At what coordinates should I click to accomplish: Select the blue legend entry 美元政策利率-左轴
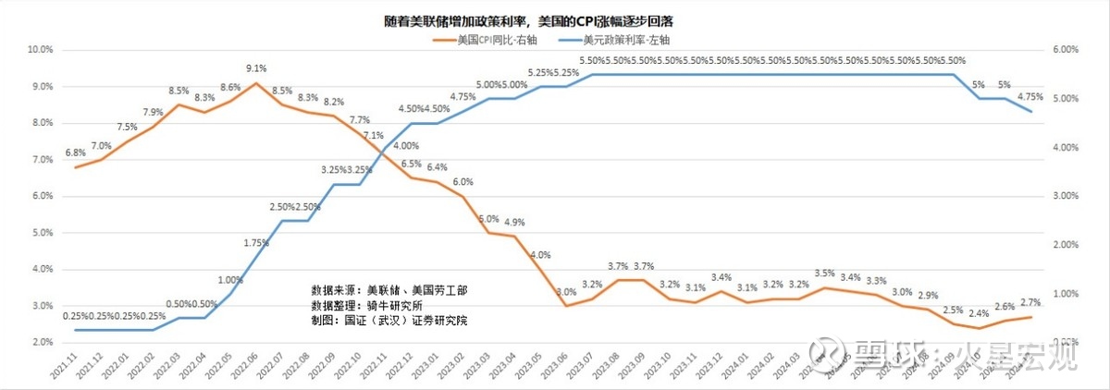click(625, 41)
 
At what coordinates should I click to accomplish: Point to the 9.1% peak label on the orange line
click(257, 68)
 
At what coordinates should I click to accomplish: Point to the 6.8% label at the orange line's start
click(76, 152)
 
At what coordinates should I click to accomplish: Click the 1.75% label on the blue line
click(256, 243)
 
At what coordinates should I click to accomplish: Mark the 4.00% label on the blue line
click(406, 146)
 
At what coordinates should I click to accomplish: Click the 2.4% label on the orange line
click(980, 313)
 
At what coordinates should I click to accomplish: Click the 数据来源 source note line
click(389, 290)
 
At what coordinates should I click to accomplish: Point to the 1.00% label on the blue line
click(231, 280)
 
